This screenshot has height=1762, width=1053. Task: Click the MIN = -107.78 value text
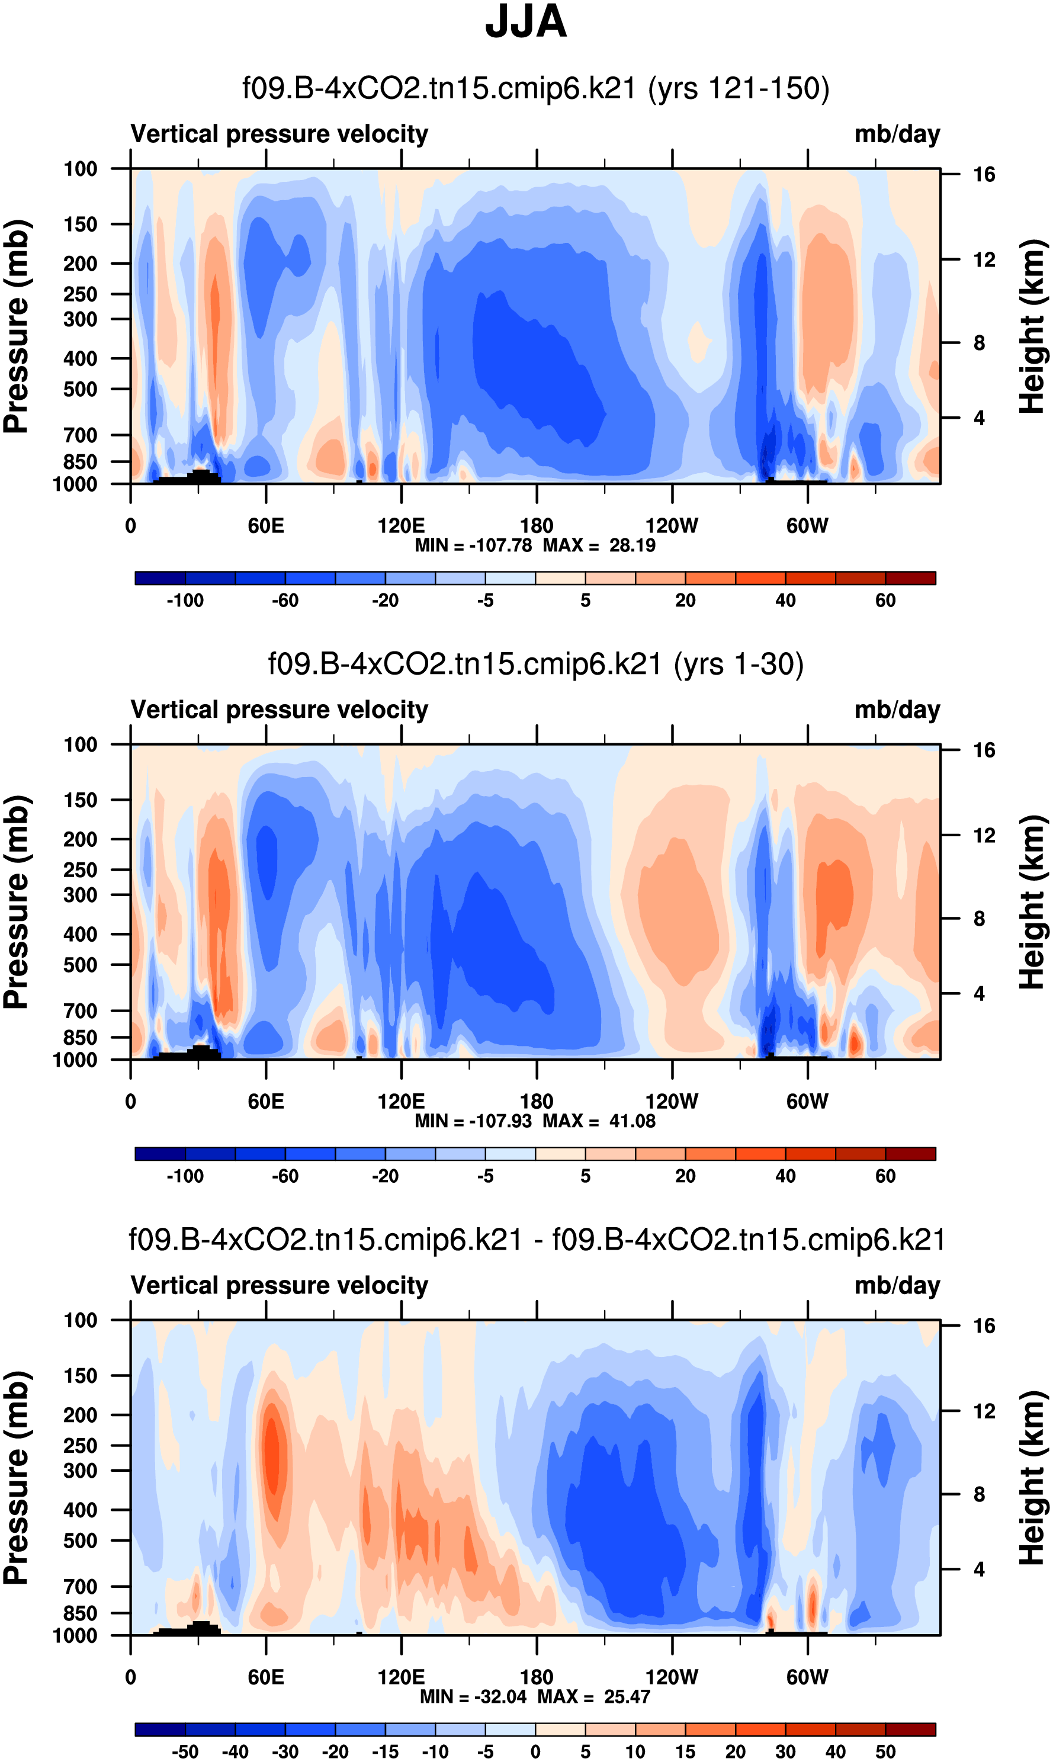(473, 545)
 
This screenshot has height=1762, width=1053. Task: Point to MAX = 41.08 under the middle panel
(599, 1121)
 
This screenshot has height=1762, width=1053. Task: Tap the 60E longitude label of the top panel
(266, 526)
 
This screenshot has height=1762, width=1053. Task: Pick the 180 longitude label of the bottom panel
(537, 1677)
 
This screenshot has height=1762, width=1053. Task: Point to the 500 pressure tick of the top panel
(80, 390)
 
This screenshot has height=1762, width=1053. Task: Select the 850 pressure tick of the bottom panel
(80, 1613)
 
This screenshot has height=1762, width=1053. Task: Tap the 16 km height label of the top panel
(984, 175)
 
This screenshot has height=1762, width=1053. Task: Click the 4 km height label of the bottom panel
(979, 1569)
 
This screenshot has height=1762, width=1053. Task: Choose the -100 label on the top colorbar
(185, 601)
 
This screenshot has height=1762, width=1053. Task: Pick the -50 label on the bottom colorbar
(185, 1751)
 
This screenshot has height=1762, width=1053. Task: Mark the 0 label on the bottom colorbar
(536, 1751)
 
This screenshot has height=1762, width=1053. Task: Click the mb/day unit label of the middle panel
(897, 710)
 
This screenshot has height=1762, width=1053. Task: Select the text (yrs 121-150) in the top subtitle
(739, 89)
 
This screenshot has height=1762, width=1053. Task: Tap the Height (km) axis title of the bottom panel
(1032, 1478)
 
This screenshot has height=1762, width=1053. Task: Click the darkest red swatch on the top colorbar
(910, 578)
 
